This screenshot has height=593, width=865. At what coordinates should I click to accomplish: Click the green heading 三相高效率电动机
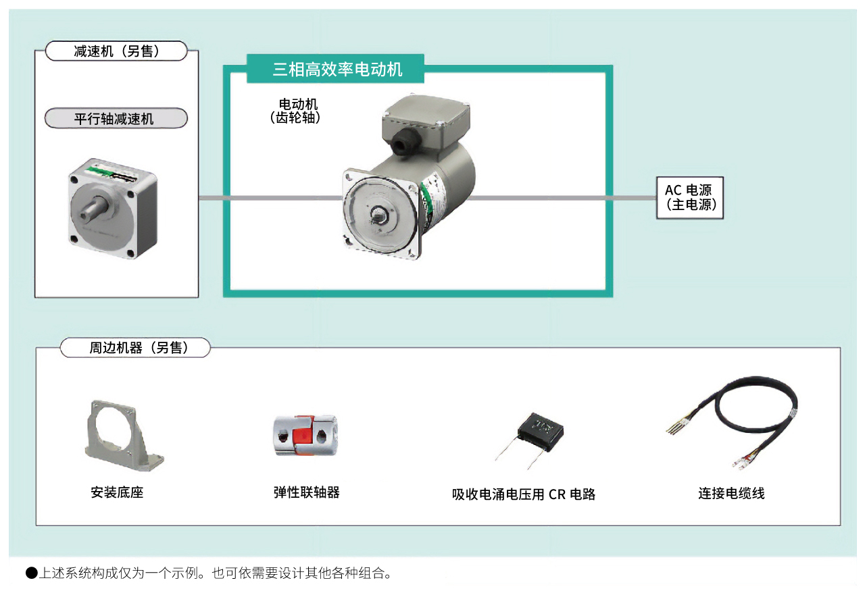(337, 69)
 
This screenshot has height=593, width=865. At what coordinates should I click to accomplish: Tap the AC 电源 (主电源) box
(689, 198)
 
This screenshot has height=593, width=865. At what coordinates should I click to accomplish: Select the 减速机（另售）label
(116, 51)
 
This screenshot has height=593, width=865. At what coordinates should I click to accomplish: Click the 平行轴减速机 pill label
(116, 119)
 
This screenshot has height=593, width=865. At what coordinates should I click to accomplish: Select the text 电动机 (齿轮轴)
(298, 111)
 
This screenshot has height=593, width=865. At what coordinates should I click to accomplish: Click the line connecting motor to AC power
(561, 198)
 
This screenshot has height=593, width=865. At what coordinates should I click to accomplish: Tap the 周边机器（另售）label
(135, 348)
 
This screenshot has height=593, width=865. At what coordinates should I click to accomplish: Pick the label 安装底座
(117, 492)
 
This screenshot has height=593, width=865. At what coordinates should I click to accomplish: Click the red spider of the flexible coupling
(305, 436)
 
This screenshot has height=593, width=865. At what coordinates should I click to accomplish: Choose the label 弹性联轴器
(306, 492)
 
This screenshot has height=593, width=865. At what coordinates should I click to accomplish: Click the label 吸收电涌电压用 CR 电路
(524, 494)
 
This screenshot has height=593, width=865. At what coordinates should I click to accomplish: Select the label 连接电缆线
(731, 494)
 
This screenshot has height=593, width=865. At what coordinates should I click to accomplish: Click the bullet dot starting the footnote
(31, 574)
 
